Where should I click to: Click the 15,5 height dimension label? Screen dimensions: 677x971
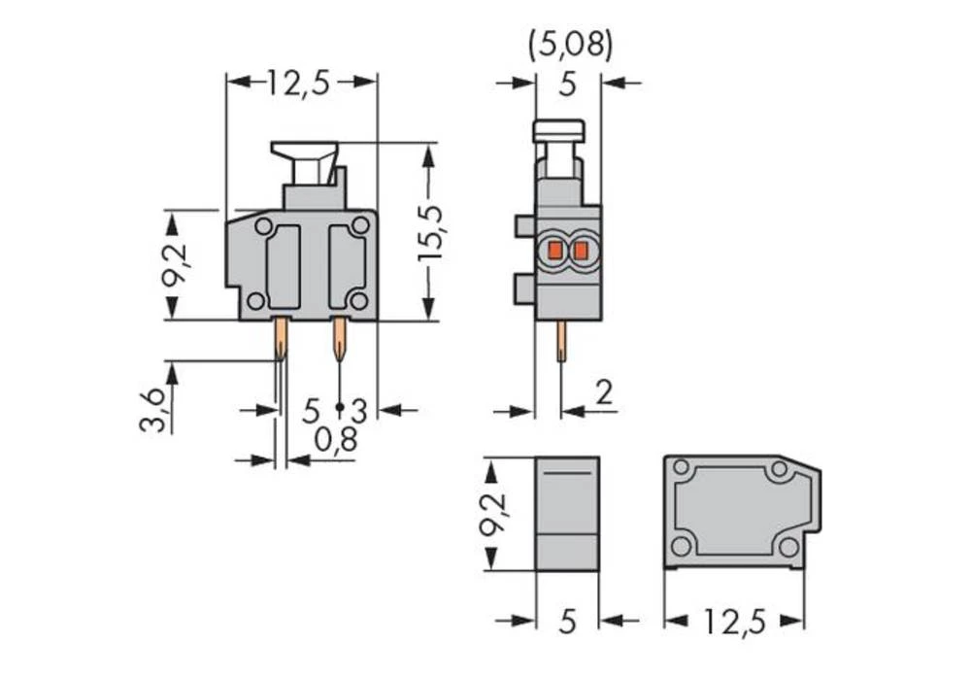click(x=430, y=232)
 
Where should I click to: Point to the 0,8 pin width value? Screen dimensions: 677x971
click(x=335, y=441)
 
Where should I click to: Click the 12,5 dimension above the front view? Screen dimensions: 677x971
click(x=299, y=84)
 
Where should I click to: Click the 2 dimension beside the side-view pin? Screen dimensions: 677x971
click(x=602, y=393)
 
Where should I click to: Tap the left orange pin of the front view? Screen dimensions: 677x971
click(x=280, y=340)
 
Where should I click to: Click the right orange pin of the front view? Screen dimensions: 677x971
click(x=339, y=340)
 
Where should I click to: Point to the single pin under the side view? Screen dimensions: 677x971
click(x=561, y=342)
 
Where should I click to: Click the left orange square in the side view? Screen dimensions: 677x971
click(x=554, y=252)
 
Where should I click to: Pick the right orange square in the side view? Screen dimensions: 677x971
click(x=580, y=252)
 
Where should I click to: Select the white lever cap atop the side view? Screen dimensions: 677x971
click(x=559, y=129)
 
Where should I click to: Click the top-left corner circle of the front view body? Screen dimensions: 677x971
click(x=263, y=226)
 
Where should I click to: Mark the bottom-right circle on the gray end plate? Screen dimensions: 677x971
click(x=787, y=546)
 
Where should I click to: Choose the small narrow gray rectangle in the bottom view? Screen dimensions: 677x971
click(x=567, y=513)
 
